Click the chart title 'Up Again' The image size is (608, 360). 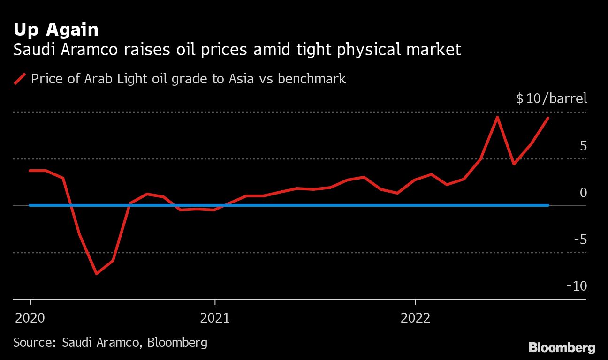[x=56, y=30]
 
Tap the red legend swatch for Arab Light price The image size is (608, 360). [x=20, y=79]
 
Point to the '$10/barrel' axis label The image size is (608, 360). [x=551, y=99]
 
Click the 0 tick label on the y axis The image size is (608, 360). [x=583, y=193]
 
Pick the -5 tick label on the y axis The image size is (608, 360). [x=580, y=240]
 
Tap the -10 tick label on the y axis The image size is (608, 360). [x=577, y=286]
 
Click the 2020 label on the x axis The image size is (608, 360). [x=30, y=319]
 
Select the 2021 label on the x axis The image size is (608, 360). [x=215, y=319]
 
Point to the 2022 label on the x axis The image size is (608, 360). [x=415, y=319]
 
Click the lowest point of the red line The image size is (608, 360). [x=96, y=273]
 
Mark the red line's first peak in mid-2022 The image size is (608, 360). [x=497, y=117]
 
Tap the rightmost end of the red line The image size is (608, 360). [x=548, y=118]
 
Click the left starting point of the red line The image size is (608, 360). [x=30, y=171]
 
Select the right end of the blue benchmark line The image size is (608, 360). [x=547, y=205]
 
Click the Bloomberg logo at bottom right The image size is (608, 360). [x=562, y=348]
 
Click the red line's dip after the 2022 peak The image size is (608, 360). [x=514, y=164]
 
